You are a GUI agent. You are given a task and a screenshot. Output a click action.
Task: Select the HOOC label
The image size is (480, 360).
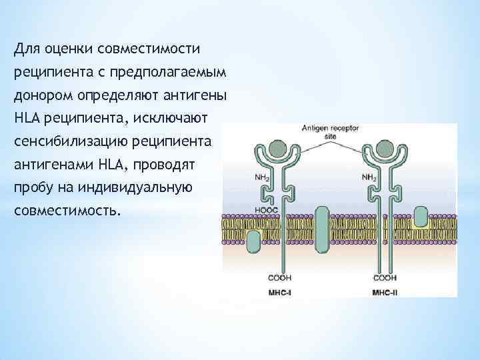266,210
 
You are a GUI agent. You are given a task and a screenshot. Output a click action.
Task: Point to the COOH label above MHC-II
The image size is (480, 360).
385,277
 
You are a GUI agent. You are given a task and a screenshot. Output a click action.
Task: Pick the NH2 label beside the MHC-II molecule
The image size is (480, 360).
368,178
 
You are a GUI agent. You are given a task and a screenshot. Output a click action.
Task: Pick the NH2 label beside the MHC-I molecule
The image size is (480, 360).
262,178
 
